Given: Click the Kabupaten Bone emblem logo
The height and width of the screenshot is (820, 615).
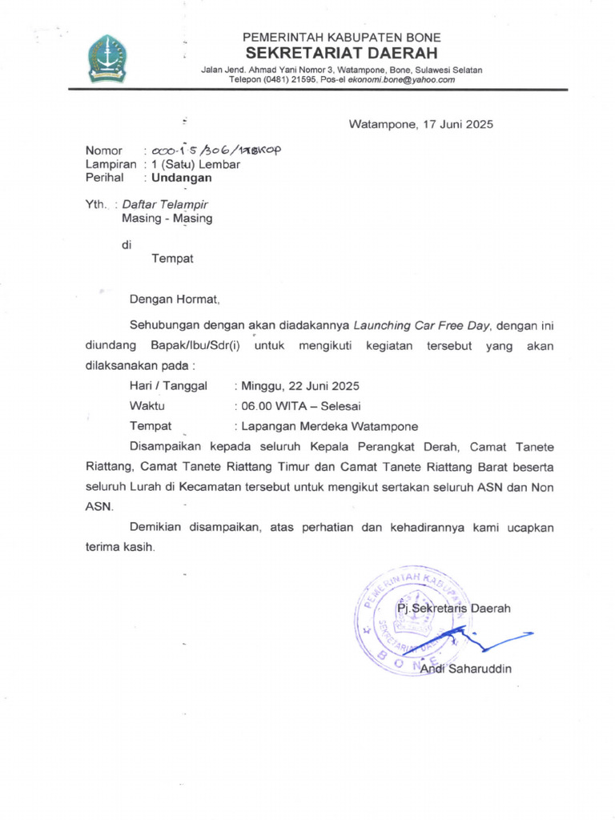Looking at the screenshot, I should coord(107,58).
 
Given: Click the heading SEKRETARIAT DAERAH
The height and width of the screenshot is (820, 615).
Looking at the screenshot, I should coord(342,54).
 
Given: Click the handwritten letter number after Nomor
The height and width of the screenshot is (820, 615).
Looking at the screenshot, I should coord(213,151).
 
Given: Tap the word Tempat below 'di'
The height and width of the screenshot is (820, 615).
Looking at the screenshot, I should coord(172,259).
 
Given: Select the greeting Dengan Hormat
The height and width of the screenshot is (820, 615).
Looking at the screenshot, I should coord(174,299).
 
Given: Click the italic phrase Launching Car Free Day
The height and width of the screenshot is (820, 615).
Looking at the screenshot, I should coord(425,326).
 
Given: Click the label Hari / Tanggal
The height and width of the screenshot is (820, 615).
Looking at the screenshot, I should coord(168,386).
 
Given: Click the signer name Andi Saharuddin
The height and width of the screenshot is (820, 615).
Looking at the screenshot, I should coord(465,669).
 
